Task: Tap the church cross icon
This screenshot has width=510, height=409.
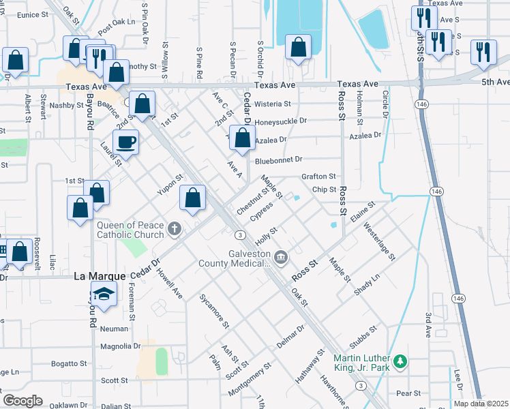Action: coord(175,229)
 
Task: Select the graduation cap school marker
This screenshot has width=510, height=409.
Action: coord(104,294)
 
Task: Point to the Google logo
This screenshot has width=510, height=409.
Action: coord(22,400)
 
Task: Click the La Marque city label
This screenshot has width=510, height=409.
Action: coord(100,276)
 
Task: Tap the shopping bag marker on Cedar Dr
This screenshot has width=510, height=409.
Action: coord(242,138)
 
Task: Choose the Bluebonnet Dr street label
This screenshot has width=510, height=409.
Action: coord(278,160)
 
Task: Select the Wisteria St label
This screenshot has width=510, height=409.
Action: coord(273,104)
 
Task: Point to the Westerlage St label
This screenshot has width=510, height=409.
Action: coord(379,241)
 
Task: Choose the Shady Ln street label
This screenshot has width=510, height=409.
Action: coord(367,284)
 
